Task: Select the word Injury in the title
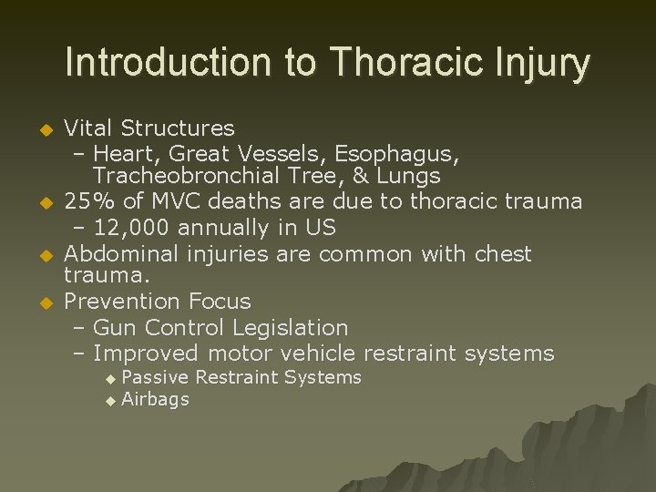pyautogui.click(x=545, y=64)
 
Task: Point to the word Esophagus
pyautogui.click(x=395, y=152)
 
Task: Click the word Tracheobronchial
pyautogui.click(x=203, y=176)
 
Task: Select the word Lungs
pyautogui.click(x=405, y=176)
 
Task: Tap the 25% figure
pyautogui.click(x=88, y=200)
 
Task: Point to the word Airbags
pyautogui.click(x=155, y=399)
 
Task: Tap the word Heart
pyautogui.click(x=123, y=152)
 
